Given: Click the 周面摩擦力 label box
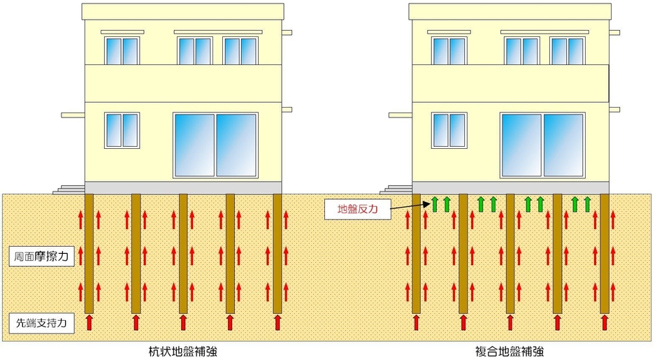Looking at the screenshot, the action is [41, 256].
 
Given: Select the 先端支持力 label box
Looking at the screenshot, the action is [41, 323].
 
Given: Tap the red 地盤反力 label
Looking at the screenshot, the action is [358, 209].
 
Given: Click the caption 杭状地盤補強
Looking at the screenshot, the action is [183, 351].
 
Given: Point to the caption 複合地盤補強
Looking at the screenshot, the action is [510, 351].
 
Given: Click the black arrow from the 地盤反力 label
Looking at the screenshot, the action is [410, 206].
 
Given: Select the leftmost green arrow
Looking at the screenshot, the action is [435, 204].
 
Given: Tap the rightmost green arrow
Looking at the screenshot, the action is [587, 204].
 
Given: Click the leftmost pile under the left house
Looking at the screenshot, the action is [89, 254].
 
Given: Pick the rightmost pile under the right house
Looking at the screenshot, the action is [604, 254].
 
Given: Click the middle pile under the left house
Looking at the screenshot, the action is [183, 254].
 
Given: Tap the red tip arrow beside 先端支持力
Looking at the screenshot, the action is [89, 323].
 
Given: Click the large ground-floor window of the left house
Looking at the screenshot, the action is [215, 145].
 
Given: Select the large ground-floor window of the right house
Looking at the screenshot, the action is [542, 145].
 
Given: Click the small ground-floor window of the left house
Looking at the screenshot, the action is [122, 130].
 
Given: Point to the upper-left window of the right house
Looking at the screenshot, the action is [449, 51].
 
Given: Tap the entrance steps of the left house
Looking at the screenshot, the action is [69, 189].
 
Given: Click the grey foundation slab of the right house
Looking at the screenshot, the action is [510, 188].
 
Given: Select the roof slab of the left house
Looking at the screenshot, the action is [182, 11].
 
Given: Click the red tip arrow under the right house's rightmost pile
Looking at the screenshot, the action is [604, 323].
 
